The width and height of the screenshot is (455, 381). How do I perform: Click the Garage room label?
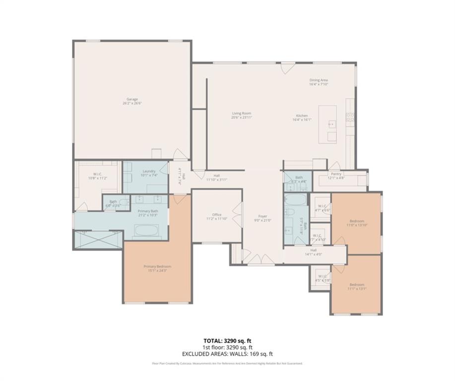[x=132, y=101]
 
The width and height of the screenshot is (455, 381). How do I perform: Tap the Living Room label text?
[x=241, y=116]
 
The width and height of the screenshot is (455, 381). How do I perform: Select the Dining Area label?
[x=319, y=82]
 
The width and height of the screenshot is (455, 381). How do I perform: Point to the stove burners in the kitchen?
[x=350, y=117]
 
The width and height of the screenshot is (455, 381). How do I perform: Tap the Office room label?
[x=217, y=216]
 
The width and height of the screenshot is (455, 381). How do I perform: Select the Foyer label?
[x=262, y=218]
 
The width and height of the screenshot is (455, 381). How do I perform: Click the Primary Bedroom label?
[x=157, y=268]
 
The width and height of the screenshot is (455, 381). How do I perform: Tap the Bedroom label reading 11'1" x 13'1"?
[x=357, y=287]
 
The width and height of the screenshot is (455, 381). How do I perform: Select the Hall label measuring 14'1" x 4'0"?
[x=314, y=253]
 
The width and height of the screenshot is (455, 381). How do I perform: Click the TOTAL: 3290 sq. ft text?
[x=227, y=341]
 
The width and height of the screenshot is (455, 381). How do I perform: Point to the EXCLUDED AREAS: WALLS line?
[x=227, y=354]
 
